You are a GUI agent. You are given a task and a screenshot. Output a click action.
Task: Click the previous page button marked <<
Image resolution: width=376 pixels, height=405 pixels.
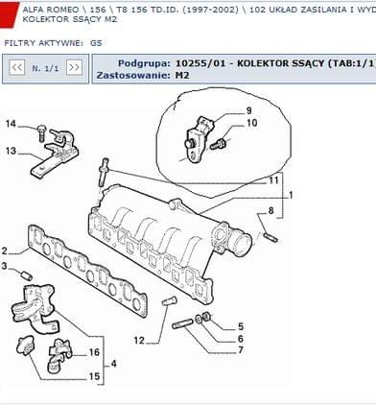(17, 68)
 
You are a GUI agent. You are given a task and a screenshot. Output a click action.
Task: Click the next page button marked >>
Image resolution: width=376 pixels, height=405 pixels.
(74, 68)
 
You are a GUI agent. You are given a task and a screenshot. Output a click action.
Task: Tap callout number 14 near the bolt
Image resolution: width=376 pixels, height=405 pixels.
(11, 124)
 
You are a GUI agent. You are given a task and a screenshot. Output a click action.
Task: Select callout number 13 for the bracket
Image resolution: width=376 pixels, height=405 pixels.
(11, 151)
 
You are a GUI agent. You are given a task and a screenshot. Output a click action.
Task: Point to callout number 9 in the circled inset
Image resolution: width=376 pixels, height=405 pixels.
(248, 110)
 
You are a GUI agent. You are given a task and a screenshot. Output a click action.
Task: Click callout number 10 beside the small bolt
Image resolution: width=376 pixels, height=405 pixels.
(252, 123)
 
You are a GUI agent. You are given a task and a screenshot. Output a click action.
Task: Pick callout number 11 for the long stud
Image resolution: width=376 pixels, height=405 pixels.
(273, 180)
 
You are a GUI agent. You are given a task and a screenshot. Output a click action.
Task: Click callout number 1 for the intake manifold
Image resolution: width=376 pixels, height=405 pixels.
(291, 195)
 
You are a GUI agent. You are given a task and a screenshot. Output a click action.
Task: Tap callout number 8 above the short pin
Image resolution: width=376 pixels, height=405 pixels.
(270, 211)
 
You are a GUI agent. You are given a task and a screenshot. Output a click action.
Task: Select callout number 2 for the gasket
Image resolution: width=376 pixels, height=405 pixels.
(4, 250)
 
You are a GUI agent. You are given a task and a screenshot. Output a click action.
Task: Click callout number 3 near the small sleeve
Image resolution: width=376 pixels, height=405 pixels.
(4, 266)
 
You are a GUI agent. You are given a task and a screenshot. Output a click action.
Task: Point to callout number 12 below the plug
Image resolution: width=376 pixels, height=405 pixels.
(139, 341)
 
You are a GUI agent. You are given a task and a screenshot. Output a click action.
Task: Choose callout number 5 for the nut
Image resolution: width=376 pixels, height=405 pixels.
(241, 326)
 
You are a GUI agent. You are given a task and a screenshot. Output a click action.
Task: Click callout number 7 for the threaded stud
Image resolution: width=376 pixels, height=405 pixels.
(241, 350)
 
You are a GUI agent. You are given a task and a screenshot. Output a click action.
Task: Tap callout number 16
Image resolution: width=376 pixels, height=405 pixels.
(94, 352)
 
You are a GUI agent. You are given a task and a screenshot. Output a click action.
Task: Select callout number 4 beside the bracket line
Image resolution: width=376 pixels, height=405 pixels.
(113, 364)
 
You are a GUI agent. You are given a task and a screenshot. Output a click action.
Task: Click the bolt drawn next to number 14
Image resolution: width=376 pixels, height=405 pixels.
(41, 133)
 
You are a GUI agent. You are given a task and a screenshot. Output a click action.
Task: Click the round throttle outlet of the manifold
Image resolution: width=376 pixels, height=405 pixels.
(243, 244)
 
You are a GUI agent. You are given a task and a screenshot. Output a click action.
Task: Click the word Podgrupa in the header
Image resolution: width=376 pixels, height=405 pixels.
(144, 63)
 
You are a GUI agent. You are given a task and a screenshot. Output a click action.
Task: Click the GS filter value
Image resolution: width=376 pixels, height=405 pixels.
(96, 43)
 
